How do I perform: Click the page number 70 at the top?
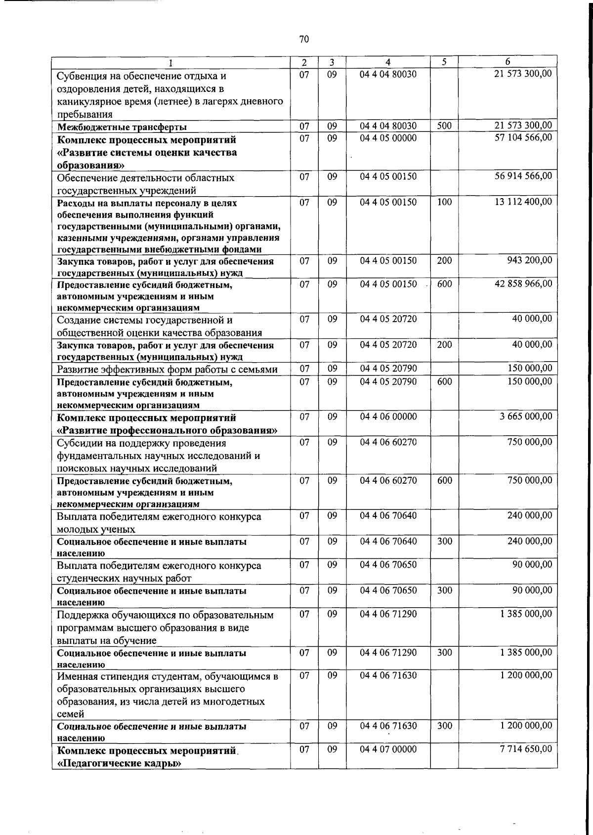304,39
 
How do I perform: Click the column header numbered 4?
388,62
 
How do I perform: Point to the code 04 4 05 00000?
388,138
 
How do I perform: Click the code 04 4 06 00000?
388,417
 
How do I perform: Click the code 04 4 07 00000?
388,749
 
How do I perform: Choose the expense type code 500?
444,126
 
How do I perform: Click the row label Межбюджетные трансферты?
122,127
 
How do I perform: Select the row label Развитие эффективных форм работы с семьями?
167,370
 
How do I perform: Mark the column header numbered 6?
508,62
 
